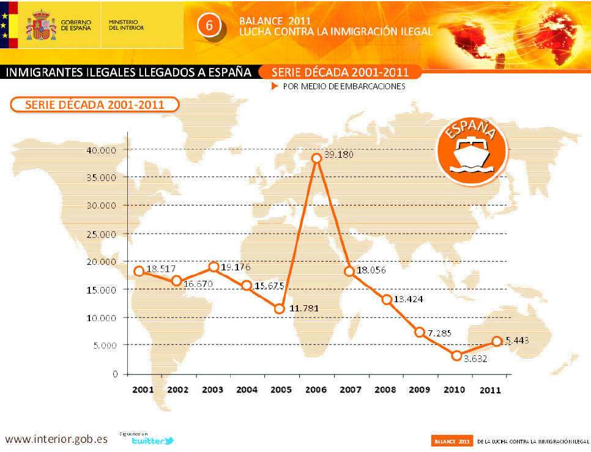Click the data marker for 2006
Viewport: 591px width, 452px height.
[x=316, y=158]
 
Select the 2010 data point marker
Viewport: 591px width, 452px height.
[x=456, y=355]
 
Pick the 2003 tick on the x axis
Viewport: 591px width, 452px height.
[x=212, y=390]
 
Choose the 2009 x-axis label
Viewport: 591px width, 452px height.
[x=420, y=390]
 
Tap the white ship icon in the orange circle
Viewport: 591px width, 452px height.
[x=472, y=157]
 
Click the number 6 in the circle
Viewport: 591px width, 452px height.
[x=209, y=25]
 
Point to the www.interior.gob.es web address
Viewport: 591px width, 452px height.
[x=56, y=439]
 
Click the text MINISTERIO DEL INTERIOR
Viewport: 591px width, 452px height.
[x=126, y=24]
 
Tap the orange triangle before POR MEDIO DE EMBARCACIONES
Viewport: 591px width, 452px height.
[x=275, y=87]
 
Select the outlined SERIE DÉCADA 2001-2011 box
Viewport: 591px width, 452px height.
[x=94, y=104]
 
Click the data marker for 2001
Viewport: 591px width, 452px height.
[x=139, y=271]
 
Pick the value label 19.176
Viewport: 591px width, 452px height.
[x=235, y=267]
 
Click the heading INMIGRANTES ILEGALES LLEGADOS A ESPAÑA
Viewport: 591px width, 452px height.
[x=129, y=72]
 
